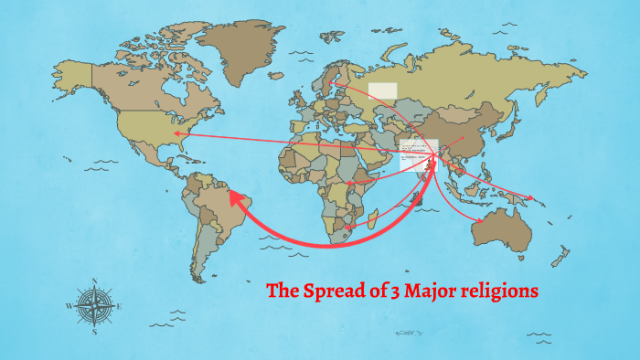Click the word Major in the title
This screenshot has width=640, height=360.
click(423, 292)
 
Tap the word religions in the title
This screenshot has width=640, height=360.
click(498, 292)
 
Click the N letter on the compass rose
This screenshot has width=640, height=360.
click(96, 281)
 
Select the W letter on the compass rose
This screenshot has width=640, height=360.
click(69, 306)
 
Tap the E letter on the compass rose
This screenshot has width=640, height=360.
click(120, 306)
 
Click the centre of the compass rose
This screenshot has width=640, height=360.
click(95, 306)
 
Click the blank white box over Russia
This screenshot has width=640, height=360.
click(382, 90)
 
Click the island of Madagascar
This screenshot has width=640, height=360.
click(375, 219)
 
